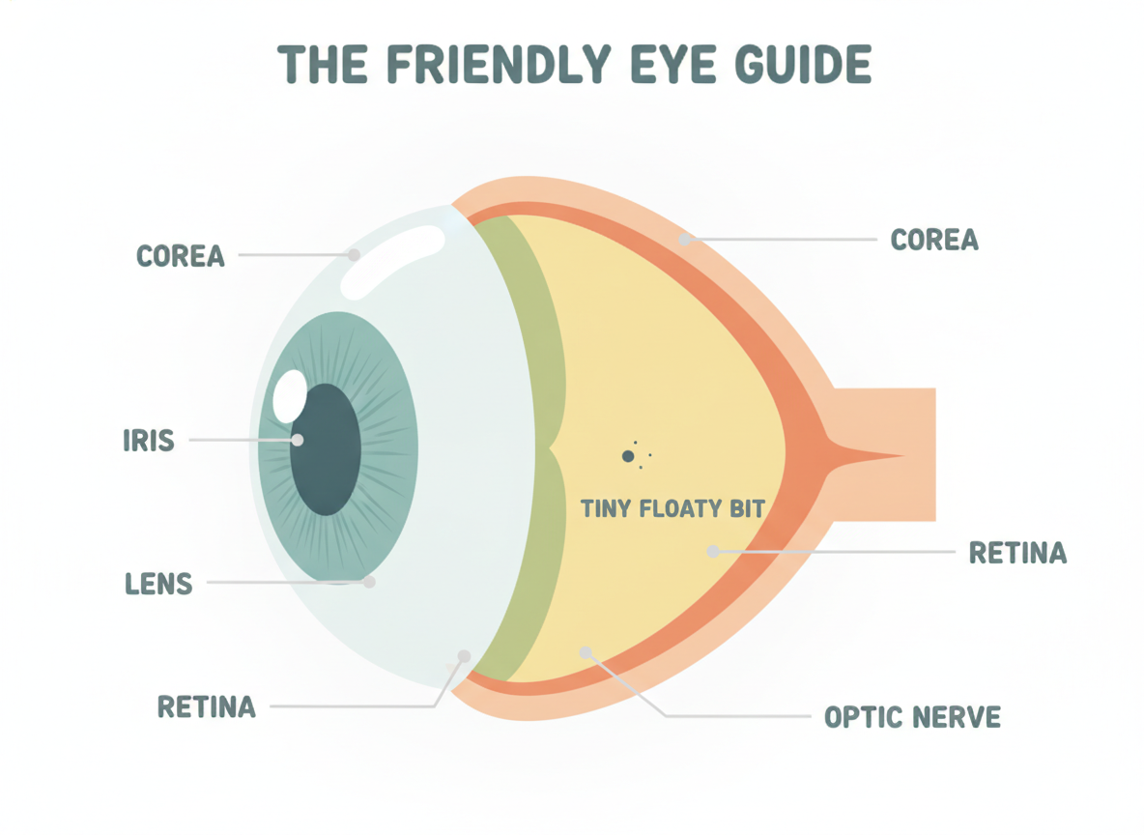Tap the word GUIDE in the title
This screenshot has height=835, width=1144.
point(803,64)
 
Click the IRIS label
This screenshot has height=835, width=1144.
point(149,441)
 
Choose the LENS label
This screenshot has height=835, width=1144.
point(159,584)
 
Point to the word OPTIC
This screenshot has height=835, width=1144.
point(863,717)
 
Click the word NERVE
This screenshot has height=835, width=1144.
point(957,717)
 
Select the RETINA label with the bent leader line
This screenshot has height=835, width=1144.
point(207,706)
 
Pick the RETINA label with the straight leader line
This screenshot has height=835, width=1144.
point(1017,553)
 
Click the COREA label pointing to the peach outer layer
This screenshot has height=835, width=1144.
point(934,240)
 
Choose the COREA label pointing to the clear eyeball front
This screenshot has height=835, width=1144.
point(181,256)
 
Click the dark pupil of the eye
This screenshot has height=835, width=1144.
point(326,449)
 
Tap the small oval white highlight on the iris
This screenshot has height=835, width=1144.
point(290,396)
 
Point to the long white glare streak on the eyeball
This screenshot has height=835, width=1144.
point(392,261)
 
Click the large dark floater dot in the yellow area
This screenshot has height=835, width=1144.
point(627,456)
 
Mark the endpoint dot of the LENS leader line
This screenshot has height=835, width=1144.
point(369,582)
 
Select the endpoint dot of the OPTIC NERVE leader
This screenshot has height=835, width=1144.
point(586,652)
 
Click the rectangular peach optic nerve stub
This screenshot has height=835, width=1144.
point(884,454)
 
